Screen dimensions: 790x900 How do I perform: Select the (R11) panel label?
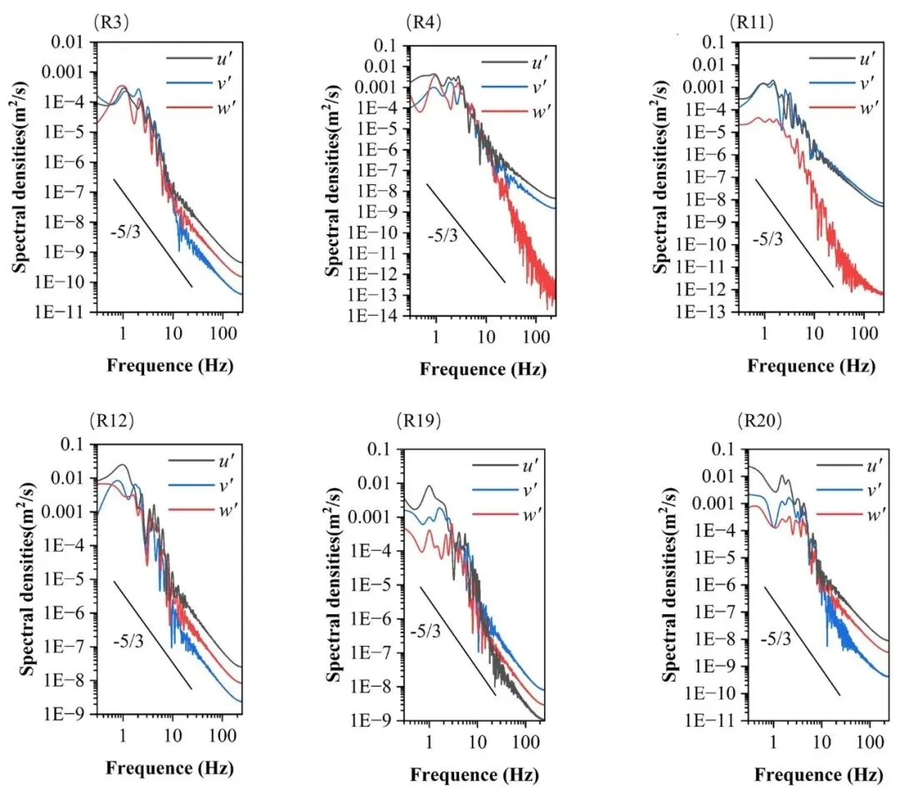pos(744,21)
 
